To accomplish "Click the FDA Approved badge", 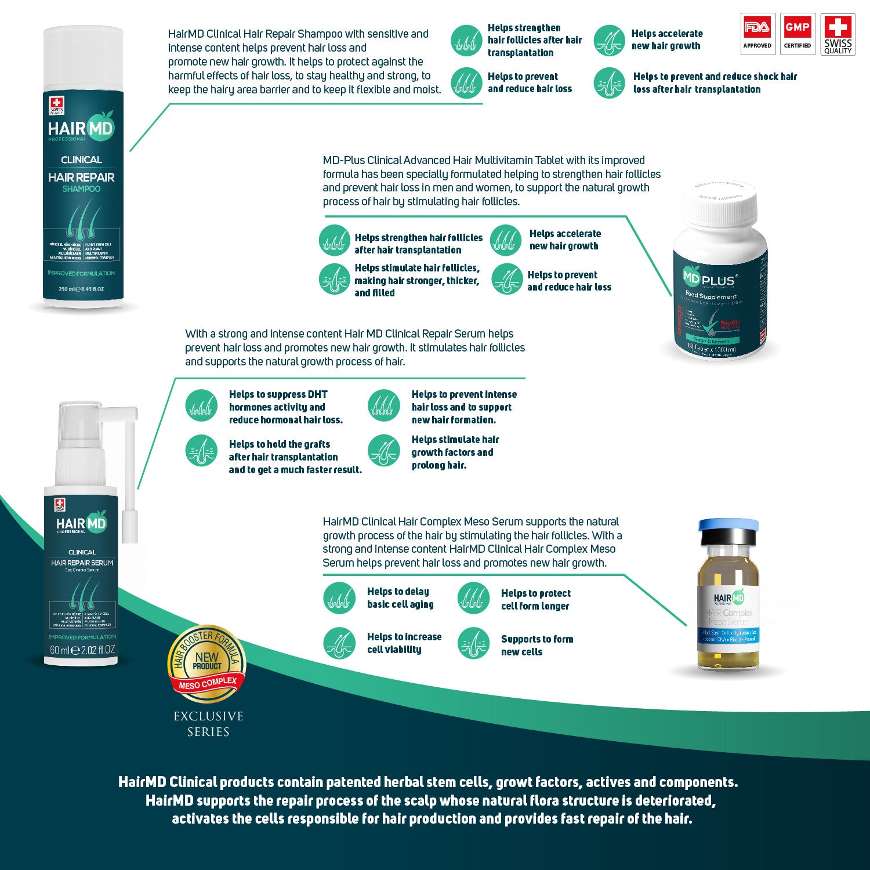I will click(757, 34).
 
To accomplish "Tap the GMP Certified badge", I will click(797, 34).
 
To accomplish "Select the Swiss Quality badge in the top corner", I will click(838, 34).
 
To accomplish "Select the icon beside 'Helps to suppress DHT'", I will click(201, 405).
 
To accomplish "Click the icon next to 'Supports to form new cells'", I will click(474, 643).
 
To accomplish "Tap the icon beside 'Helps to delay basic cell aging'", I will click(339, 598).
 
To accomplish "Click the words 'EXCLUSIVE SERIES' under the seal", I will click(208, 724).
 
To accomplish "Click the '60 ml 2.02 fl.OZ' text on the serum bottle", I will click(82, 650).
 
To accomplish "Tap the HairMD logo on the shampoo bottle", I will click(81, 129).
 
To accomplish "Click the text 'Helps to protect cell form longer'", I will click(535, 600).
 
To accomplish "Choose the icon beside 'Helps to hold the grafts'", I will click(201, 451).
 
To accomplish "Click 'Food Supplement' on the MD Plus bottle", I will click(710, 296).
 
